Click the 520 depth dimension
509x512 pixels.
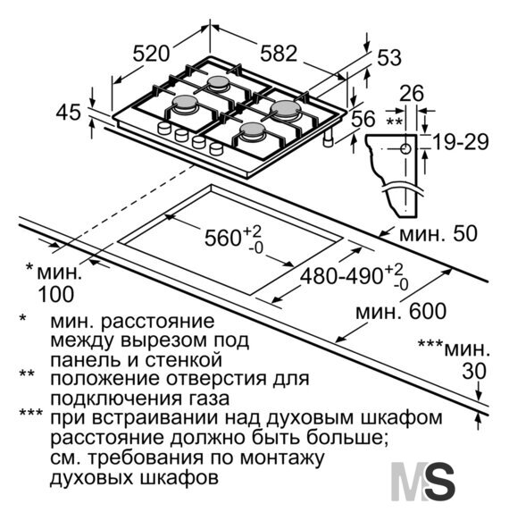click(151, 54)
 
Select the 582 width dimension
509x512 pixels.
click(279, 53)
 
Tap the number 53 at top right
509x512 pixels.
click(389, 57)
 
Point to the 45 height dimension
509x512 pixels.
click(68, 113)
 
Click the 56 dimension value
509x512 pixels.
click(363, 118)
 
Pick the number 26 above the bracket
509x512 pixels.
click(412, 94)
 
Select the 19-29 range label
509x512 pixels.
click(461, 142)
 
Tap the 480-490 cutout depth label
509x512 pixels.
click(341, 277)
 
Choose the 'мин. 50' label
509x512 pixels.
click(438, 234)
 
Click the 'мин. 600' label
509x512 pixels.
click(401, 311)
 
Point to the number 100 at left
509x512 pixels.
click(55, 294)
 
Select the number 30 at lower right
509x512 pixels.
click(474, 371)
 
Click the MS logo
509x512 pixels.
click(423, 482)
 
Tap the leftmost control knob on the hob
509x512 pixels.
click(164, 128)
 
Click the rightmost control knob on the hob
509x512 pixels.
click(216, 148)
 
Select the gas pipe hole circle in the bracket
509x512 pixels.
click(405, 148)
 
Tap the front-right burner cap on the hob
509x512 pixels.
click(252, 130)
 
